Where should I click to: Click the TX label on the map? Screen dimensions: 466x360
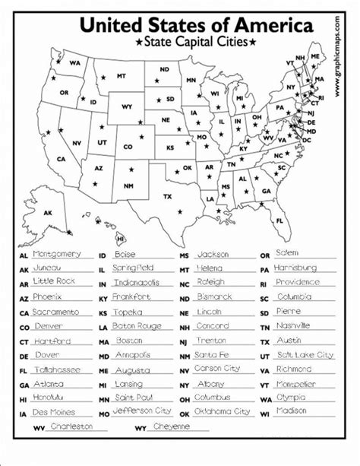pyautogui.click(x=168, y=197)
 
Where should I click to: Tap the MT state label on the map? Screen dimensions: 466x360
pyautogui.click(x=121, y=76)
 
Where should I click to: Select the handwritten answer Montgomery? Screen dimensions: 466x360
pyautogui.click(x=58, y=253)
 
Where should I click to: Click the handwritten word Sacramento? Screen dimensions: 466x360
pyautogui.click(x=55, y=312)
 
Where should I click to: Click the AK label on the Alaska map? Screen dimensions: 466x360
pyautogui.click(x=49, y=214)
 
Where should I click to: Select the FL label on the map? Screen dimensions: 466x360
pyautogui.click(x=279, y=220)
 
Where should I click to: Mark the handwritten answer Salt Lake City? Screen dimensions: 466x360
pyautogui.click(x=305, y=354)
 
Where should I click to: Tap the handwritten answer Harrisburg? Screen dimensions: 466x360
pyautogui.click(x=295, y=268)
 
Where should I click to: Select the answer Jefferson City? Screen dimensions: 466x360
pyautogui.click(x=142, y=411)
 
